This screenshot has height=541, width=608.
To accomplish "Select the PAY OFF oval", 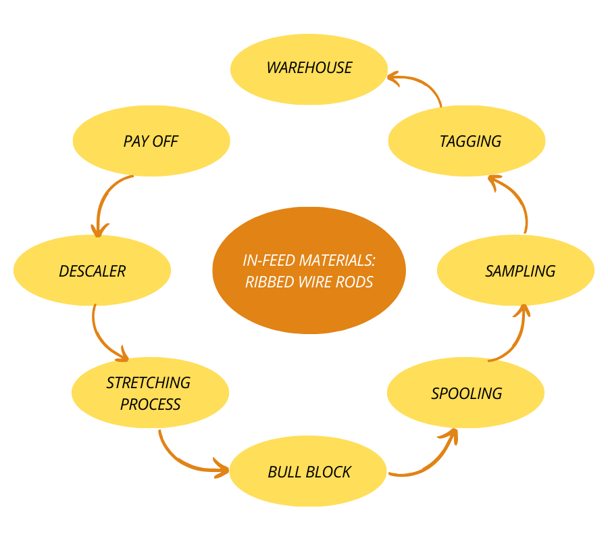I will pyautogui.click(x=151, y=141).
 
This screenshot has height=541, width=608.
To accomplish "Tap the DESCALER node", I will pyautogui.click(x=92, y=270).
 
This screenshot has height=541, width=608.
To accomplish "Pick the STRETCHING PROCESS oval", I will pyautogui.click(x=150, y=393).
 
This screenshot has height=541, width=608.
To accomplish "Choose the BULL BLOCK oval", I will pyautogui.click(x=309, y=472).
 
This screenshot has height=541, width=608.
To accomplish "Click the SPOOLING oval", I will pyautogui.click(x=465, y=393).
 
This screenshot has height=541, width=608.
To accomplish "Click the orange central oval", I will pyautogui.click(x=309, y=270).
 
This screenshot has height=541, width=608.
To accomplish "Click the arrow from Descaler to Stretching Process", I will pyautogui.click(x=103, y=337).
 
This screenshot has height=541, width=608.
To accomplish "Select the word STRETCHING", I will pyautogui.click(x=149, y=383).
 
